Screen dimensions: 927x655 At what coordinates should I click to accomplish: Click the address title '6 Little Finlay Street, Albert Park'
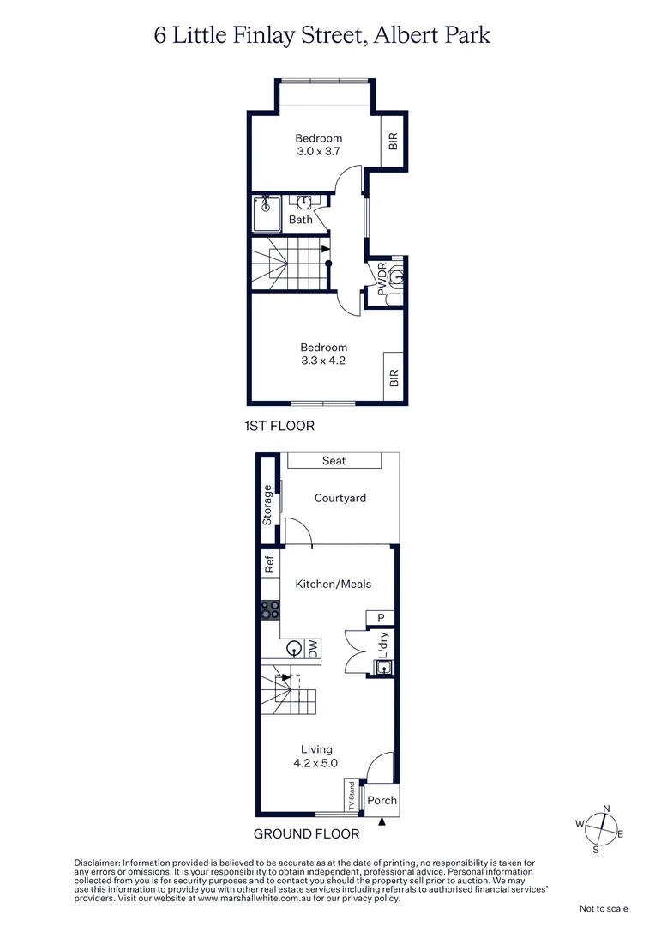click(321, 35)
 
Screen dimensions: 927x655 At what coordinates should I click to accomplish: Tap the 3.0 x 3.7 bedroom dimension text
click(319, 152)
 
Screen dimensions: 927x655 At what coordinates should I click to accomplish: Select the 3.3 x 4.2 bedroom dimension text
click(323, 360)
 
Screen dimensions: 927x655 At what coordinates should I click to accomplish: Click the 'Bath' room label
click(300, 220)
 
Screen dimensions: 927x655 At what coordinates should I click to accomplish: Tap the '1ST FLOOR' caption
click(280, 426)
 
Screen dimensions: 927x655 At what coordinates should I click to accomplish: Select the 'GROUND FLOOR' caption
click(307, 833)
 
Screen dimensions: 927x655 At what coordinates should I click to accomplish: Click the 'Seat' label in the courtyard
click(334, 461)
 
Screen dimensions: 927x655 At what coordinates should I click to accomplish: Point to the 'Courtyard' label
click(340, 498)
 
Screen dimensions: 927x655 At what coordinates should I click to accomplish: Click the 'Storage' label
click(267, 505)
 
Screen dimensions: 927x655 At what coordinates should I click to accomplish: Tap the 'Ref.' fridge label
click(268, 563)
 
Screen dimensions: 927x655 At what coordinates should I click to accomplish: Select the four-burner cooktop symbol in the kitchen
click(269, 609)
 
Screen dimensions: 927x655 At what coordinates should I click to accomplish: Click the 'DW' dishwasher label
click(314, 649)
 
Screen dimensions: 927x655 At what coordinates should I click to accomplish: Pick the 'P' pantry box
click(381, 618)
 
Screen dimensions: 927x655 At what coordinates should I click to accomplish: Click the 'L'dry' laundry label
click(384, 645)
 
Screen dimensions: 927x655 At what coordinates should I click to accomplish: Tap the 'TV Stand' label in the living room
click(351, 796)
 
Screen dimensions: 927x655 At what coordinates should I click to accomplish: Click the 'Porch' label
click(382, 800)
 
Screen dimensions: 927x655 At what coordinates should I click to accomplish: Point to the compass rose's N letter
click(606, 809)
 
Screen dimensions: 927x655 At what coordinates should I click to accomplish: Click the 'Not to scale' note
click(604, 908)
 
